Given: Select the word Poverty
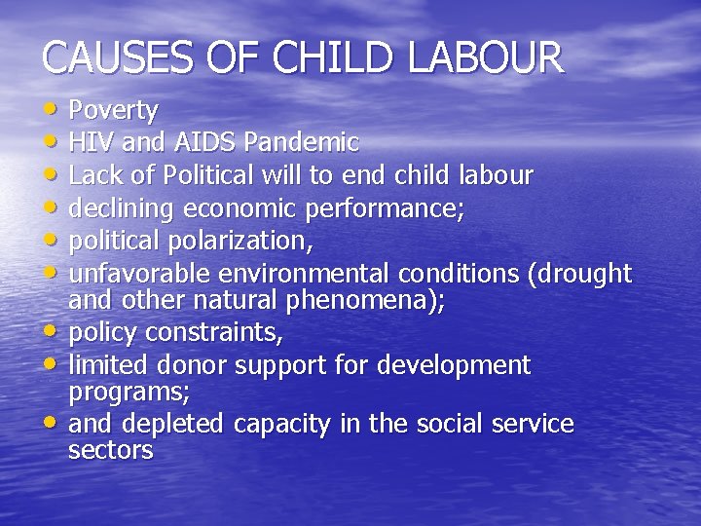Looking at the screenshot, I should [114, 111].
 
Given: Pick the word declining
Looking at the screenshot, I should [123, 208].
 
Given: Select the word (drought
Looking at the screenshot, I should [578, 273].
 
